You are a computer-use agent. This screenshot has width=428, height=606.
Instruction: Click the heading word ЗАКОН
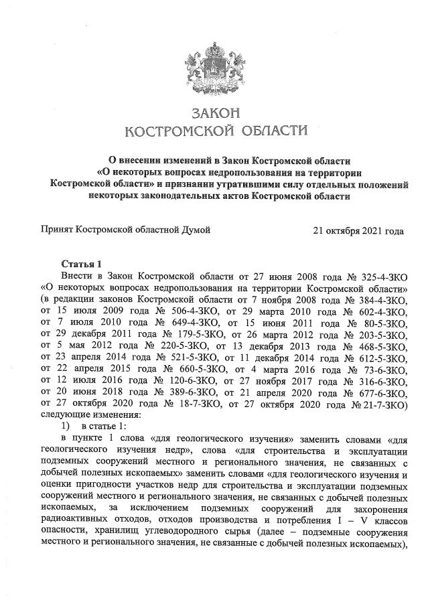(214, 111)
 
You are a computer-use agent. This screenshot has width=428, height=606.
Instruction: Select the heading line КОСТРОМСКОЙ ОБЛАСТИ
(214, 130)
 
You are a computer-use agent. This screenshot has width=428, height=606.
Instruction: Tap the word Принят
(58, 231)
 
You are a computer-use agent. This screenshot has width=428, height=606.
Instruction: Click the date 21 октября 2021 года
(358, 231)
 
